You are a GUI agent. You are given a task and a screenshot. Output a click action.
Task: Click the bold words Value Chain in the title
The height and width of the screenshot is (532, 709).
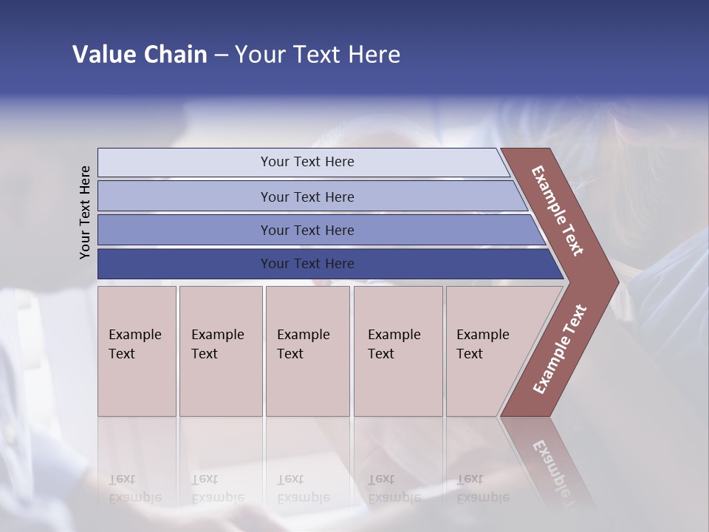(x=140, y=55)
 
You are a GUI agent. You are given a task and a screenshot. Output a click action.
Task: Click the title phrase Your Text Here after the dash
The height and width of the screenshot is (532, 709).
(x=318, y=55)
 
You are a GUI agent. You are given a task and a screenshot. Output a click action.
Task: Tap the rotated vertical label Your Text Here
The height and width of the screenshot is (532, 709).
(x=85, y=212)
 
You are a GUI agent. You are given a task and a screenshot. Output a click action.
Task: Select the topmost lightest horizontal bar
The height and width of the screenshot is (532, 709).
(x=185, y=163)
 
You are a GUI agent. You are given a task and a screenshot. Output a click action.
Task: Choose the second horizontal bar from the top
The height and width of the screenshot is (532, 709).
(x=185, y=197)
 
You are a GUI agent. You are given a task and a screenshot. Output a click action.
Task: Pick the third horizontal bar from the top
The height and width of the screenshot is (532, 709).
(x=185, y=230)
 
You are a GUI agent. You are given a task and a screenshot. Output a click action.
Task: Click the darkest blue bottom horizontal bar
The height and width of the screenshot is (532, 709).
(x=185, y=264)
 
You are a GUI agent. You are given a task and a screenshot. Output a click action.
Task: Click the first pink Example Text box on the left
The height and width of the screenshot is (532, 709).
(x=137, y=351)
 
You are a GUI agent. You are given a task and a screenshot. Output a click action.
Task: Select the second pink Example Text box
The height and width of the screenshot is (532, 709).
(x=220, y=351)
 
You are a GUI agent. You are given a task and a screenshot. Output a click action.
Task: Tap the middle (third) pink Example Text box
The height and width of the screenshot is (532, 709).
(x=307, y=351)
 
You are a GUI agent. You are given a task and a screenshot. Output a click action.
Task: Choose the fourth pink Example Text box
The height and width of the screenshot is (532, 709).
(x=398, y=351)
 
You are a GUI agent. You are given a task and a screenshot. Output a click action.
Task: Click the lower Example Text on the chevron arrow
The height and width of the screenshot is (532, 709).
(x=560, y=349)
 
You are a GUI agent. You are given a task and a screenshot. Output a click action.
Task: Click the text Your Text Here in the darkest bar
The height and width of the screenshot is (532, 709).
(x=307, y=264)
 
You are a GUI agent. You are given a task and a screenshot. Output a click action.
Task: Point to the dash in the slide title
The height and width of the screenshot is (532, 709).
(x=221, y=55)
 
